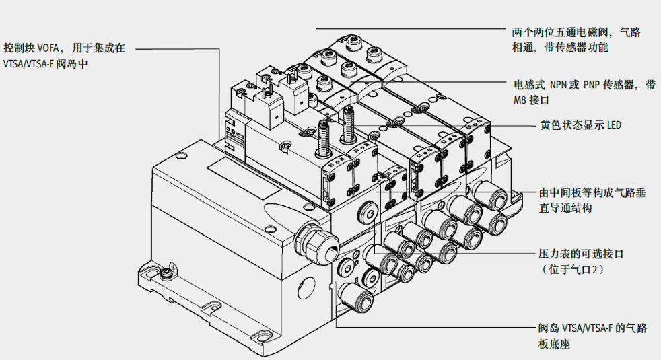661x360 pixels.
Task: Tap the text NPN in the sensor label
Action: pos(558,85)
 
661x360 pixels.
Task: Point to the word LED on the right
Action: pos(614,124)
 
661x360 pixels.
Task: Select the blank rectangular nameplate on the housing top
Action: pos(243,178)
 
